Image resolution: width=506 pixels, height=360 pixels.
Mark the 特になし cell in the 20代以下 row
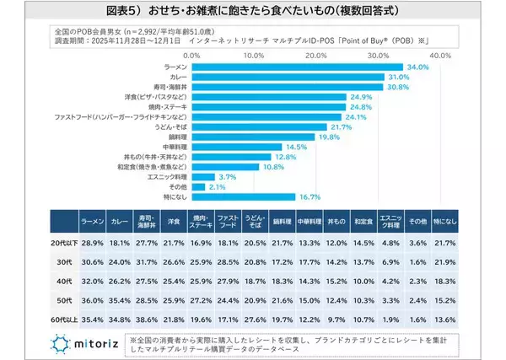445,242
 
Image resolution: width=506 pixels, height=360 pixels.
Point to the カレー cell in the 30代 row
121,261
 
